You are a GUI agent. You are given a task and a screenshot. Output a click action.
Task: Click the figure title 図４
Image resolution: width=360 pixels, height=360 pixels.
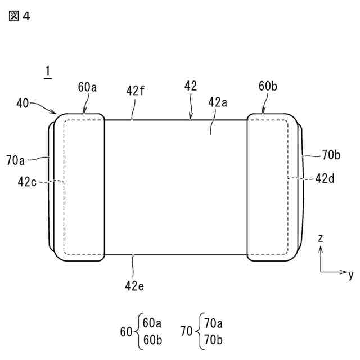click(19, 16)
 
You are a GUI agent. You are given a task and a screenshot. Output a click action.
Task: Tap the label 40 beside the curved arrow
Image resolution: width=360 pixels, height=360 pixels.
click(23, 103)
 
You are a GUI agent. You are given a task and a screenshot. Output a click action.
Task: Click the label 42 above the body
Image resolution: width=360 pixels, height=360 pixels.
click(190, 85)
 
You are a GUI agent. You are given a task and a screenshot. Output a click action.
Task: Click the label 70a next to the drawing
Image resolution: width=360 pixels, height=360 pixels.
click(16, 160)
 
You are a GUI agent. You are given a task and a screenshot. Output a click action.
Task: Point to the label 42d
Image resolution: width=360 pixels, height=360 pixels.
click(326, 178)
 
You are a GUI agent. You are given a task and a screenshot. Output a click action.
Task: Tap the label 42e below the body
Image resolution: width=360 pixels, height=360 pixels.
click(135, 285)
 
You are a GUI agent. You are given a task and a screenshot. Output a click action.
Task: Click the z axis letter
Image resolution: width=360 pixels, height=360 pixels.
click(320, 238)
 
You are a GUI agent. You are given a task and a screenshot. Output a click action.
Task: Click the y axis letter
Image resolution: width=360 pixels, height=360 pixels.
click(350, 274)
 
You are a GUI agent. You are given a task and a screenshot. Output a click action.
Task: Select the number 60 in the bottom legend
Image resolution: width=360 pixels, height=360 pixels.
click(127, 332)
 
